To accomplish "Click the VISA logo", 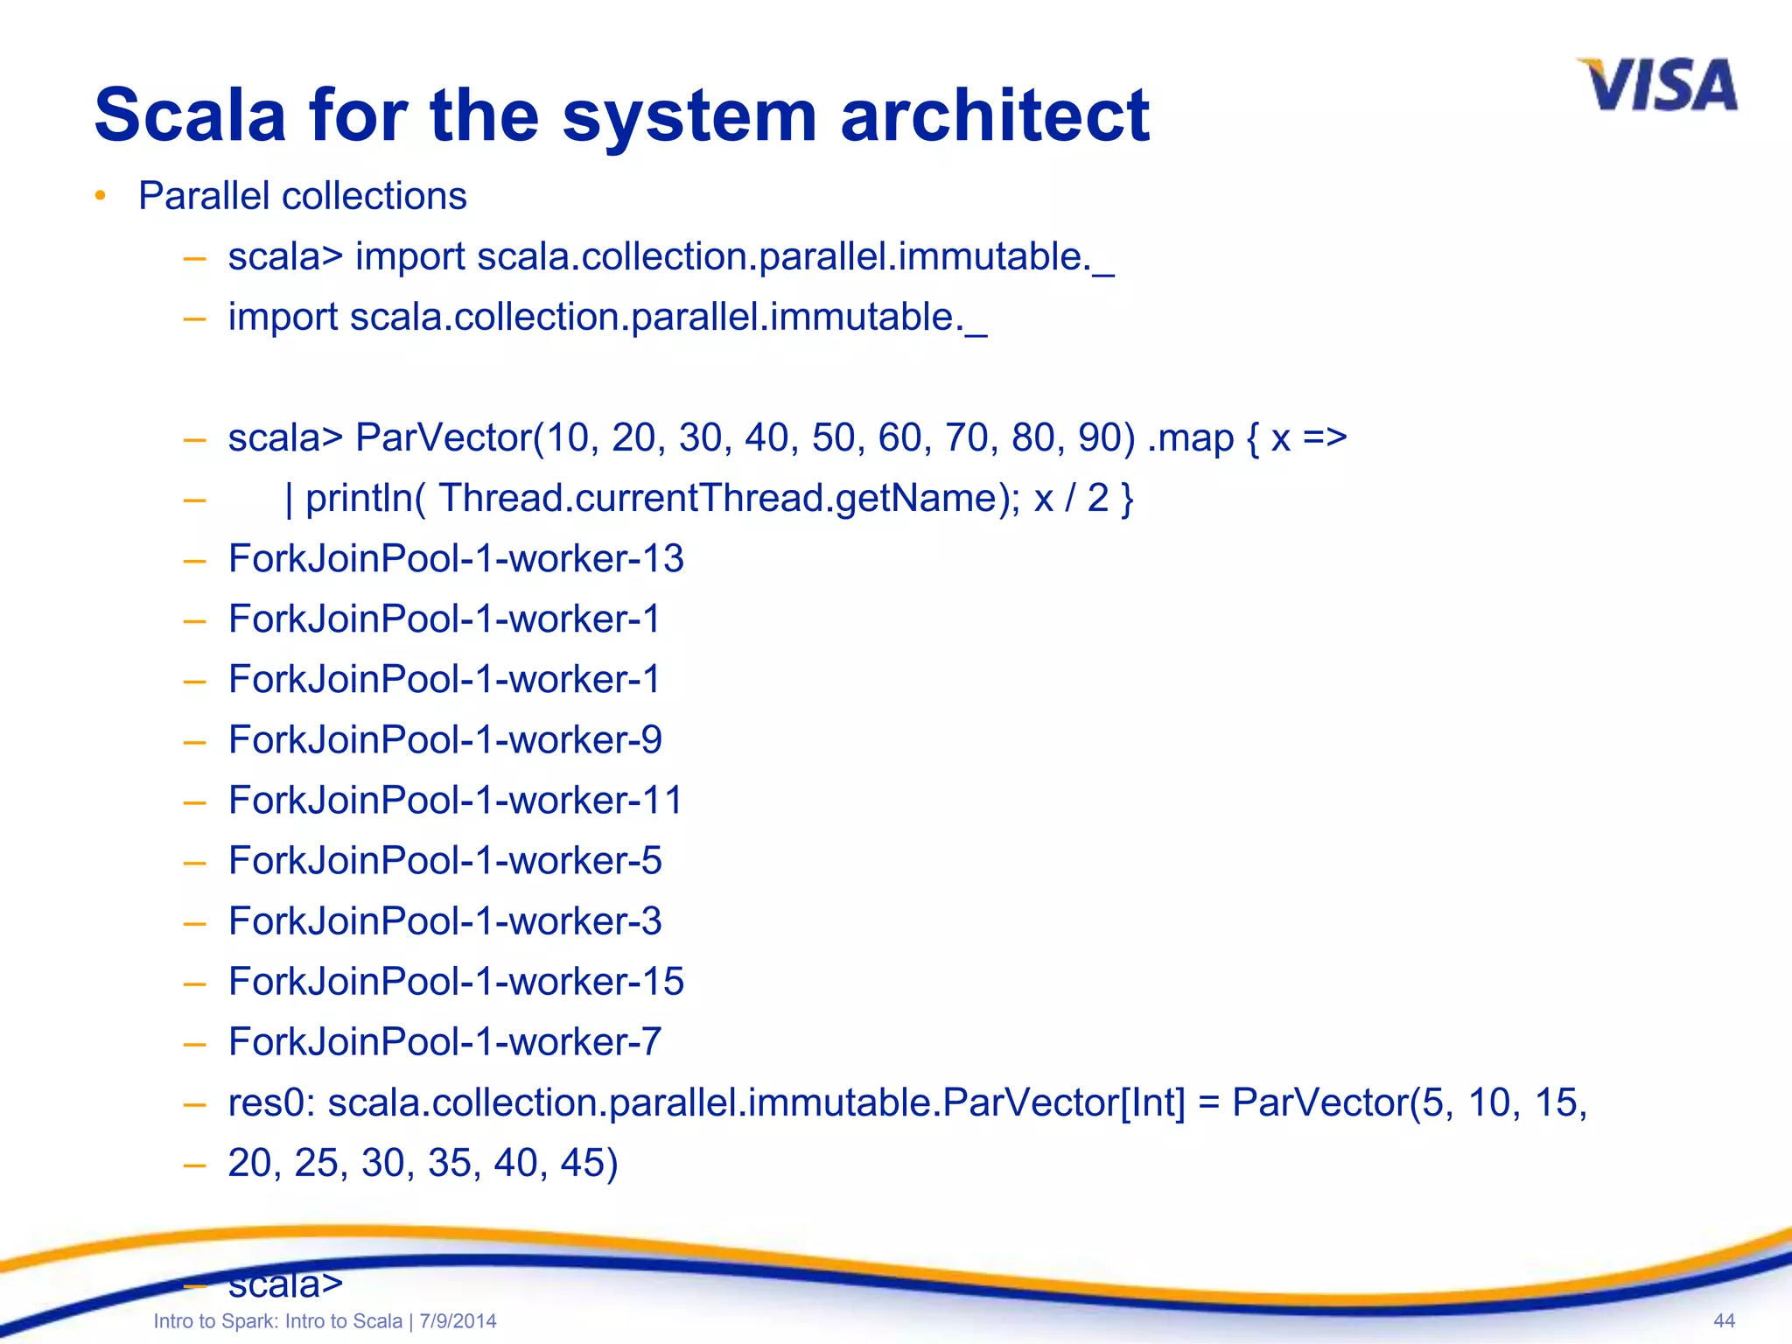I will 1657,86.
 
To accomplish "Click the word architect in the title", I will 994,115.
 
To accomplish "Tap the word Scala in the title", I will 190,115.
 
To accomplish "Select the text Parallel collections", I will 302,196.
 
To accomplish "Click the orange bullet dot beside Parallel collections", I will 101,195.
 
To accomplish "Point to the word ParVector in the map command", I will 443,437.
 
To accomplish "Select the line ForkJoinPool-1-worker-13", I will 455,558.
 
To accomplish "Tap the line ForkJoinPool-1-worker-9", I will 444,740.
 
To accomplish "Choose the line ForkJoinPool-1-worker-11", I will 455,801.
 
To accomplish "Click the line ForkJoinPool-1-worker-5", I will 444,861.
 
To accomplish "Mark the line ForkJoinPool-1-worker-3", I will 444,921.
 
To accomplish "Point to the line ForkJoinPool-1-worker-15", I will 455,982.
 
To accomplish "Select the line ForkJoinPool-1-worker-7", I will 444,1042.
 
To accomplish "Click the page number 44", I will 1724,1321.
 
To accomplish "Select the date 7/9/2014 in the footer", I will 458,1321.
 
